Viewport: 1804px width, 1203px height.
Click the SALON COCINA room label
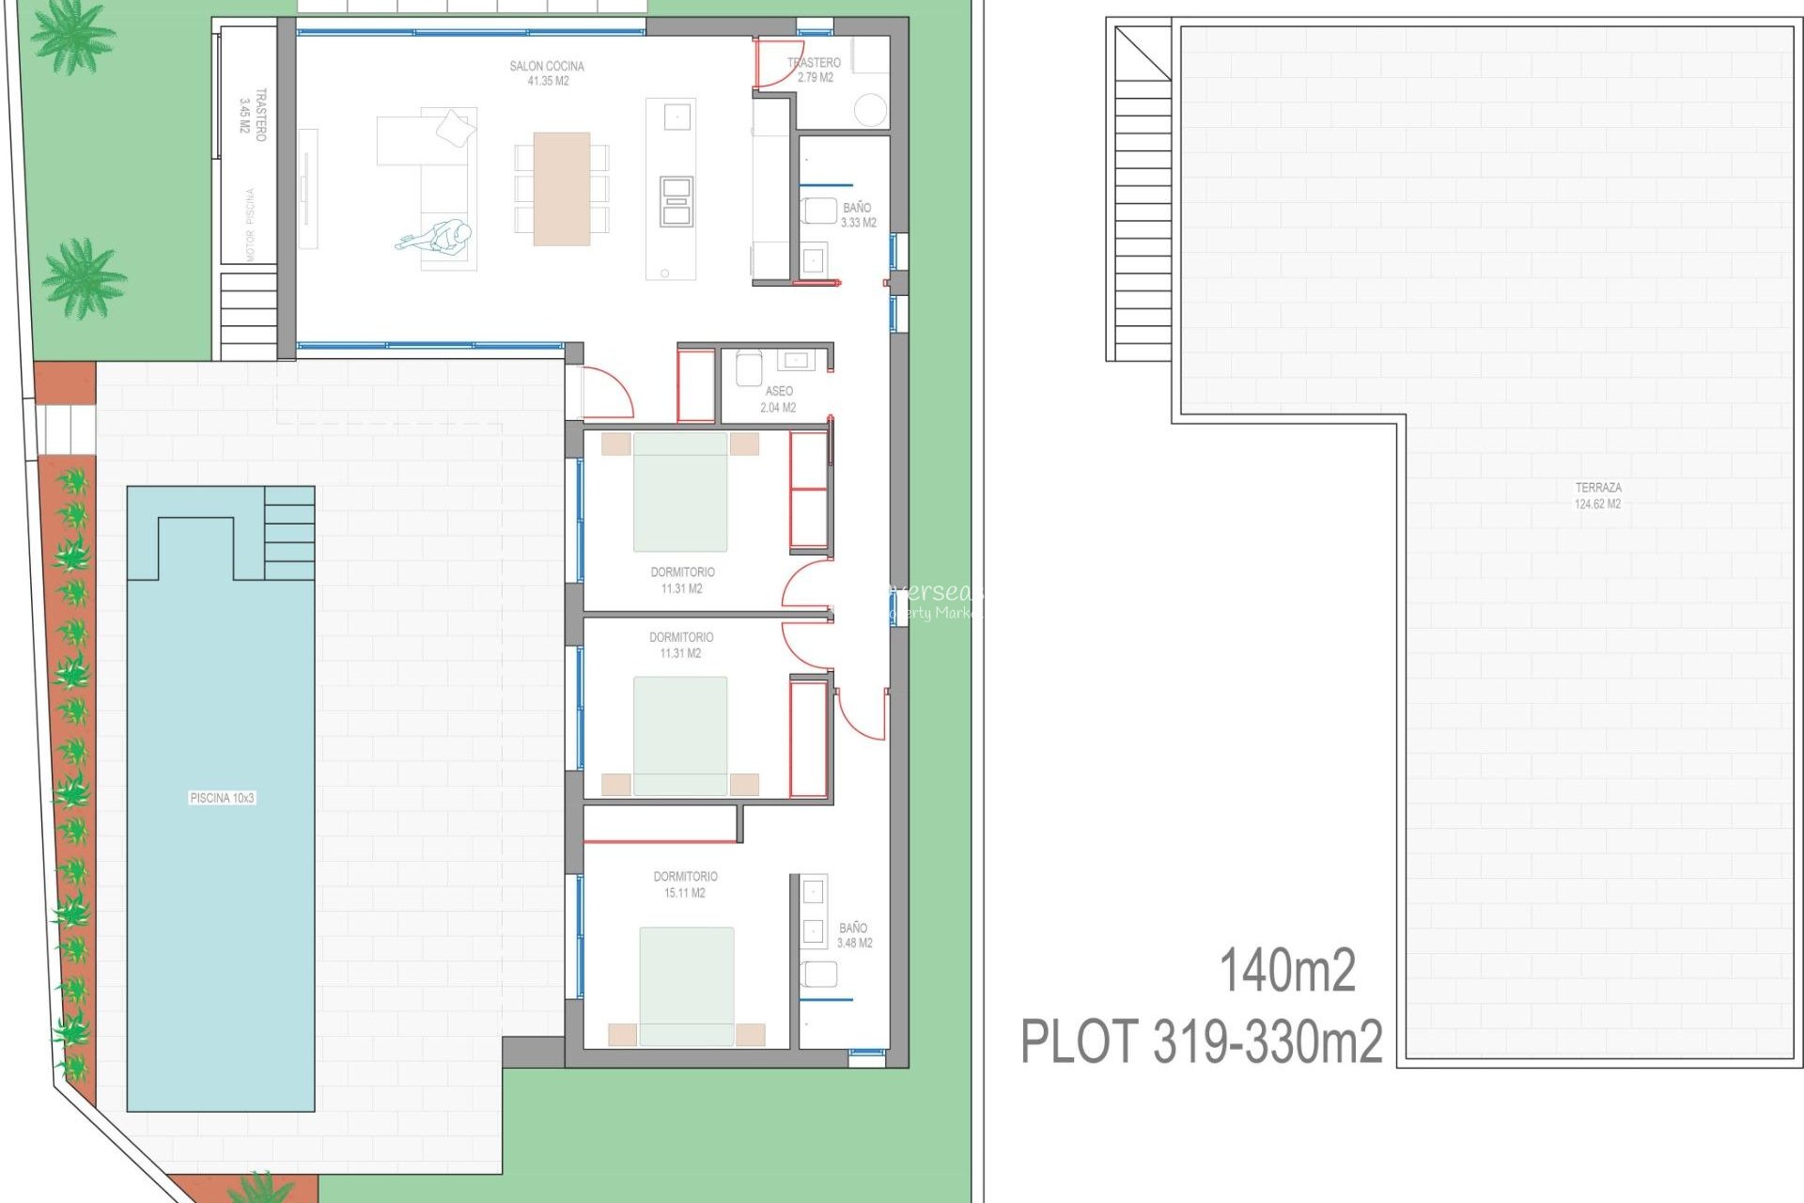(x=547, y=73)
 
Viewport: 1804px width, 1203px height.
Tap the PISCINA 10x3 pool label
(x=222, y=798)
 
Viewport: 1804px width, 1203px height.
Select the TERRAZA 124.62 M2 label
(x=1598, y=495)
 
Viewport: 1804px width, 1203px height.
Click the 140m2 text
(x=1287, y=971)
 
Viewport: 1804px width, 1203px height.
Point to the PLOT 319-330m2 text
(x=1202, y=1041)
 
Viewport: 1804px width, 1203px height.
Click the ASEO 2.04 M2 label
(x=779, y=399)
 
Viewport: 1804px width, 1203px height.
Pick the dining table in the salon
(x=562, y=189)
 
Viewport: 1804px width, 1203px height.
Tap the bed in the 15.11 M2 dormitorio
(x=687, y=985)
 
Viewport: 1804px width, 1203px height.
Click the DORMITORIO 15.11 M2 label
(x=686, y=884)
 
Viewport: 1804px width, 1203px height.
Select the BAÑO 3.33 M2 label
(x=858, y=215)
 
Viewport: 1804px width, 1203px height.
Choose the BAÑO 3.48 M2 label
(x=854, y=935)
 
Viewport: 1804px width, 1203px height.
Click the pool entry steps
(x=289, y=533)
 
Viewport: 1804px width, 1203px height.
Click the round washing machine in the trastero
(x=871, y=110)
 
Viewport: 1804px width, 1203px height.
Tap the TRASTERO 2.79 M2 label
(x=815, y=70)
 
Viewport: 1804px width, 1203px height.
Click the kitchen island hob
(x=676, y=201)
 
